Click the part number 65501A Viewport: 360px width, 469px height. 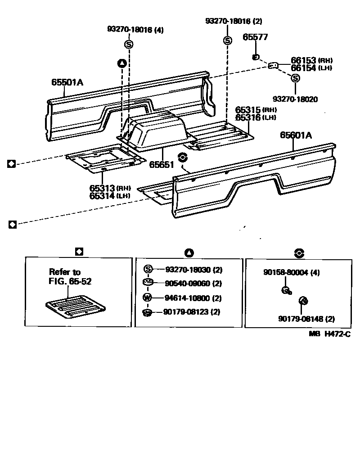pos(67,82)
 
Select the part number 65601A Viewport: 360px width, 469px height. pos(297,135)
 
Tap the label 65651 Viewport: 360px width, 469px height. pos(162,165)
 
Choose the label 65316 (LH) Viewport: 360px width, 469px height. pos(256,117)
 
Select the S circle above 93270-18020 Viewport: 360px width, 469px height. pos(295,78)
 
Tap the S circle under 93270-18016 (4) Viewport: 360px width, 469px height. pos(129,44)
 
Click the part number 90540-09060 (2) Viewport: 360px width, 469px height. pos(193,284)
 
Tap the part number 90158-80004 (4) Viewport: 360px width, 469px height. pos(291,273)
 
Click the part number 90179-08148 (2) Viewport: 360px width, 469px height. pos(306,319)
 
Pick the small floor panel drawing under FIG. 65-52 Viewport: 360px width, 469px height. pos(75,307)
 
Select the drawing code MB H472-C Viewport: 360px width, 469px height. pos(329,334)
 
